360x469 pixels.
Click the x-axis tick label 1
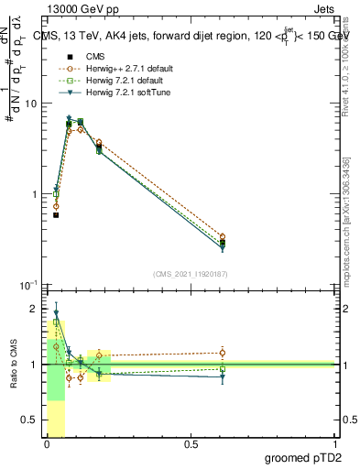click(x=334, y=444)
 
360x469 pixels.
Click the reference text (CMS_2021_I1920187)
click(x=191, y=274)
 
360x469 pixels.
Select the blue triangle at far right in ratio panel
click(x=223, y=376)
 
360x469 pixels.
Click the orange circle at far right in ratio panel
click(x=223, y=353)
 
